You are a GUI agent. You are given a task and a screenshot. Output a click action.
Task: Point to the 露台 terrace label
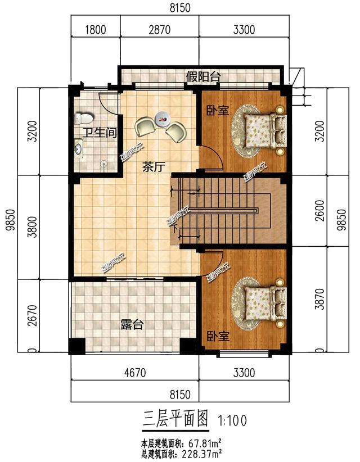point(132,325)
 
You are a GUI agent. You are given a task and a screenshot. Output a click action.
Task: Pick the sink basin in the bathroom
point(79,148)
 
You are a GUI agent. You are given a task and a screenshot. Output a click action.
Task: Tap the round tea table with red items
point(164,119)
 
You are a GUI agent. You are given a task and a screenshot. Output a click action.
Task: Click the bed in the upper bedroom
point(263,130)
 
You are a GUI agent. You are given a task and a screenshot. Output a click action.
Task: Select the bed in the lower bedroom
point(263,303)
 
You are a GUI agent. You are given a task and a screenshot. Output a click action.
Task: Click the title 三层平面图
point(175,419)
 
